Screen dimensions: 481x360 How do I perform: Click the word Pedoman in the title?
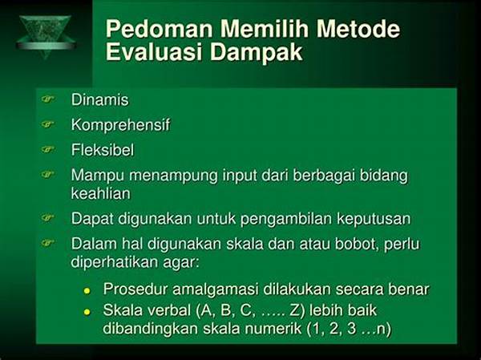point(160,29)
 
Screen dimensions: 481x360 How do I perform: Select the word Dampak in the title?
point(257,52)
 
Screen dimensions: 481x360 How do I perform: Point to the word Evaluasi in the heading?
point(155,52)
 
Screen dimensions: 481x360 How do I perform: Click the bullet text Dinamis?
point(100,100)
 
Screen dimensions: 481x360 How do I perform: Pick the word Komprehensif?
point(120,125)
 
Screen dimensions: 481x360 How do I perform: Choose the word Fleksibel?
point(103,150)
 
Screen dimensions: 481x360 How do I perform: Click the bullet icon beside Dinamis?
point(47,99)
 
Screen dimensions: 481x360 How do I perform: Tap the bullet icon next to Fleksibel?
point(47,149)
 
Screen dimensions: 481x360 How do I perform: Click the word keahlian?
point(101,194)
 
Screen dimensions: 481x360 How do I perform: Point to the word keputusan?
point(374,220)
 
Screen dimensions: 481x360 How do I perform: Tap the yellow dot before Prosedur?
point(87,290)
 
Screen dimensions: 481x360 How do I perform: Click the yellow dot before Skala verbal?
point(87,312)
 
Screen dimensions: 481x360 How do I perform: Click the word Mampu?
point(98,176)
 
